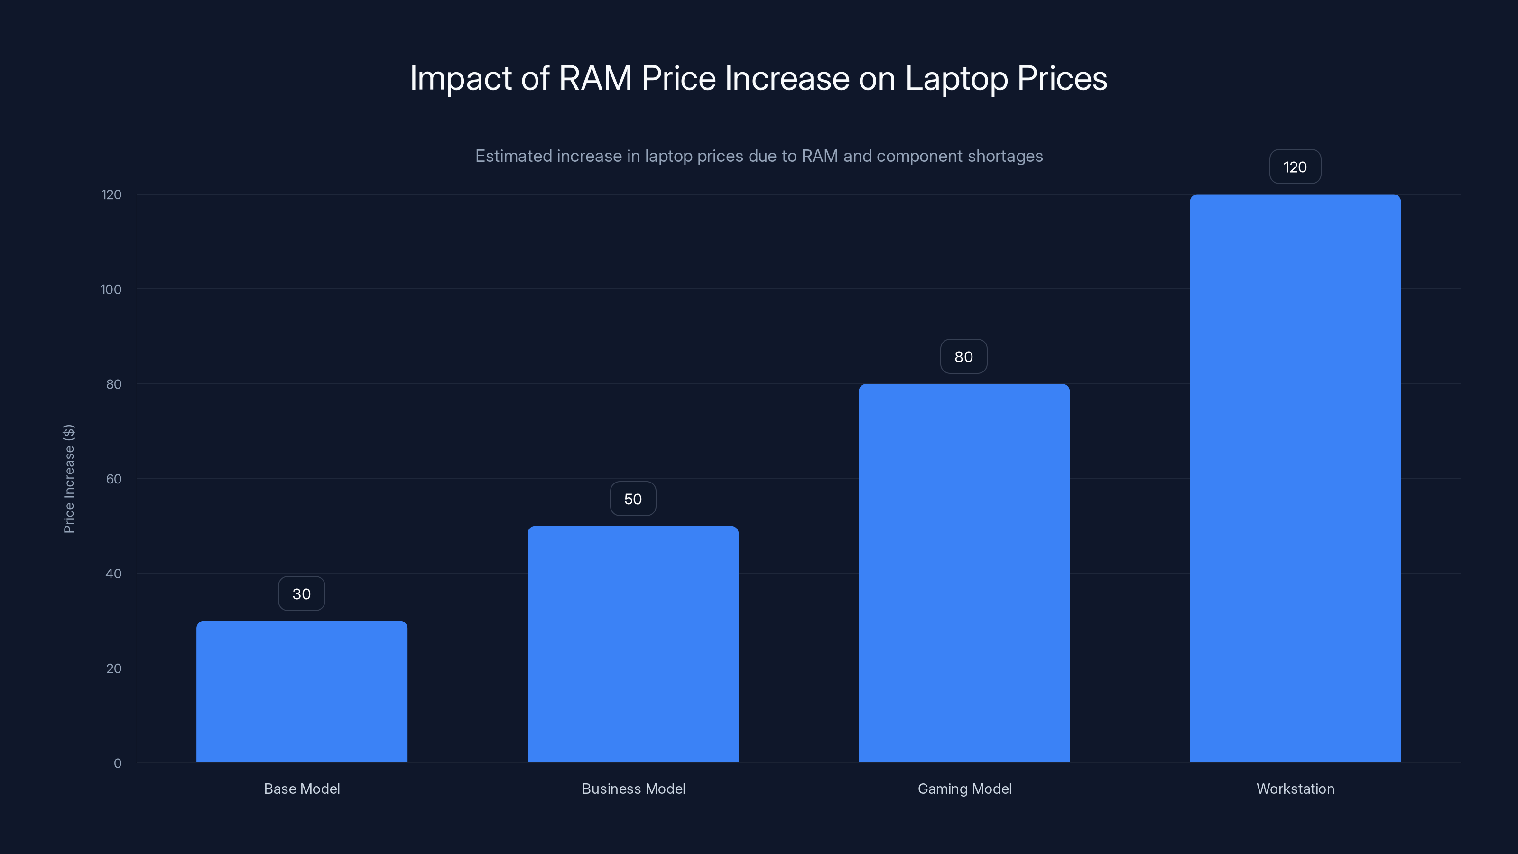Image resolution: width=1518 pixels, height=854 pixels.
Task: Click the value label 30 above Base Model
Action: coord(302,594)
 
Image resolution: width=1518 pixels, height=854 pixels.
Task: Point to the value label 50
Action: coord(633,499)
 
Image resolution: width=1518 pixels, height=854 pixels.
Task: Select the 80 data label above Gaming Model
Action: coord(963,357)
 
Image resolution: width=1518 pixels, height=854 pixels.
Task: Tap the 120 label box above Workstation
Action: coord(1295,167)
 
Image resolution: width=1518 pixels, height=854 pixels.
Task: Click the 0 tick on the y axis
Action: coord(118,763)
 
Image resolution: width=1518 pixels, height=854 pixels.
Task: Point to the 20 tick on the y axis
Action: coord(114,668)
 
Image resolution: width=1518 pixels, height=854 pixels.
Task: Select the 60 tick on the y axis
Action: coord(114,479)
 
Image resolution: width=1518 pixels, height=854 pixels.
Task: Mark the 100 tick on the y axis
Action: coord(111,289)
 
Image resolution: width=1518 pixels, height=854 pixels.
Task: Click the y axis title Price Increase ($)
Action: coord(69,479)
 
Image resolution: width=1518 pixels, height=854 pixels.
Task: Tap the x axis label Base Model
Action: coord(302,789)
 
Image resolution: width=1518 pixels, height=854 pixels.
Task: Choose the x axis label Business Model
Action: coord(633,789)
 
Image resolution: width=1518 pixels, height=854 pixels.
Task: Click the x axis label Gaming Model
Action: coord(965,789)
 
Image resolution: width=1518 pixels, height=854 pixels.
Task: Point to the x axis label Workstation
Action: coord(1295,789)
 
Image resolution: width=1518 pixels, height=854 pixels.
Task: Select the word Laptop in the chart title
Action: coord(956,79)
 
